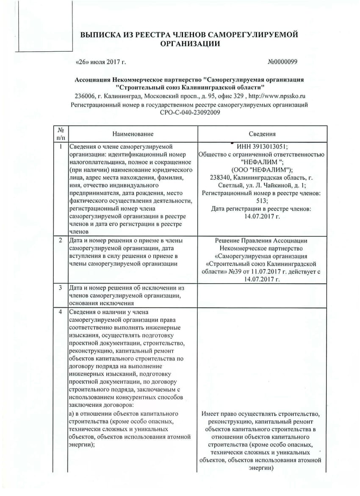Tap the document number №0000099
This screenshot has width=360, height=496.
pyautogui.click(x=283, y=62)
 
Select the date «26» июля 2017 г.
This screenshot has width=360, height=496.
pyautogui.click(x=100, y=62)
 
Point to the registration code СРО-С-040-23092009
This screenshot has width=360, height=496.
pyautogui.click(x=189, y=112)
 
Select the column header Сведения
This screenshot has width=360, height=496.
pyautogui.click(x=262, y=134)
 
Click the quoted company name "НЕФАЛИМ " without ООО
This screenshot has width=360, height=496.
pyautogui.click(x=262, y=162)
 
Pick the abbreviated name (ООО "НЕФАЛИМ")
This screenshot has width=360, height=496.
pyautogui.click(x=262, y=170)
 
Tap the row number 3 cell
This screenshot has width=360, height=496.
pyautogui.click(x=61, y=288)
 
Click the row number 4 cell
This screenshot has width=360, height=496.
pyautogui.click(x=61, y=312)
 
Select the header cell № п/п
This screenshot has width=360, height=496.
pyautogui.click(x=61, y=134)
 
